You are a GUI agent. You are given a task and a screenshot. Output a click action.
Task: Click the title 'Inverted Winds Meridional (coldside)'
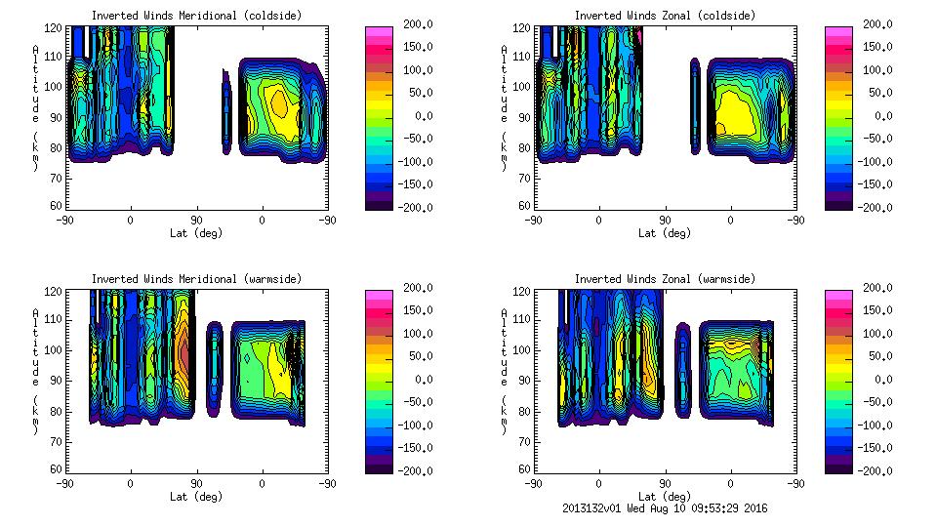tap(196, 16)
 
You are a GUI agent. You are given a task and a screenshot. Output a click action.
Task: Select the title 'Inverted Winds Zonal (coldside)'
tap(665, 16)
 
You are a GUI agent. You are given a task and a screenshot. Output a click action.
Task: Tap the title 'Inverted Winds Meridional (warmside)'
tap(196, 279)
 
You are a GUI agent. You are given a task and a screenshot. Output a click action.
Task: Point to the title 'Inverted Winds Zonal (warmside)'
tap(665, 279)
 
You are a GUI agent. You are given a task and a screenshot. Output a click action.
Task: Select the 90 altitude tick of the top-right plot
tap(524, 116)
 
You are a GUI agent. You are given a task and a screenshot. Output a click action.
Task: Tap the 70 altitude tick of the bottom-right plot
tap(524, 440)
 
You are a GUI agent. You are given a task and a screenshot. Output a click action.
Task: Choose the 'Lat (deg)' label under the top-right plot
tap(665, 233)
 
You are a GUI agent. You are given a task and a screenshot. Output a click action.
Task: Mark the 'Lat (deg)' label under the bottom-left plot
tap(196, 497)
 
